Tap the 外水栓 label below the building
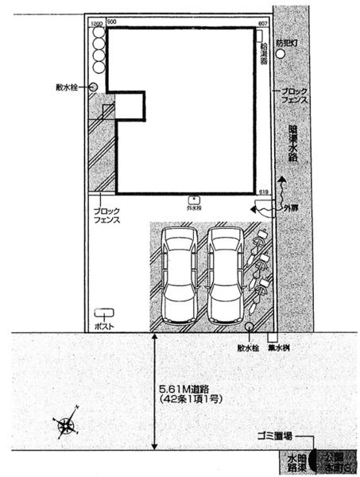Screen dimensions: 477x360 tap(194, 207)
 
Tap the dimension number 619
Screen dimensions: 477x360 tap(263, 192)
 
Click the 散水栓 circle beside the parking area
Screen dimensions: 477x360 tap(250, 326)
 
